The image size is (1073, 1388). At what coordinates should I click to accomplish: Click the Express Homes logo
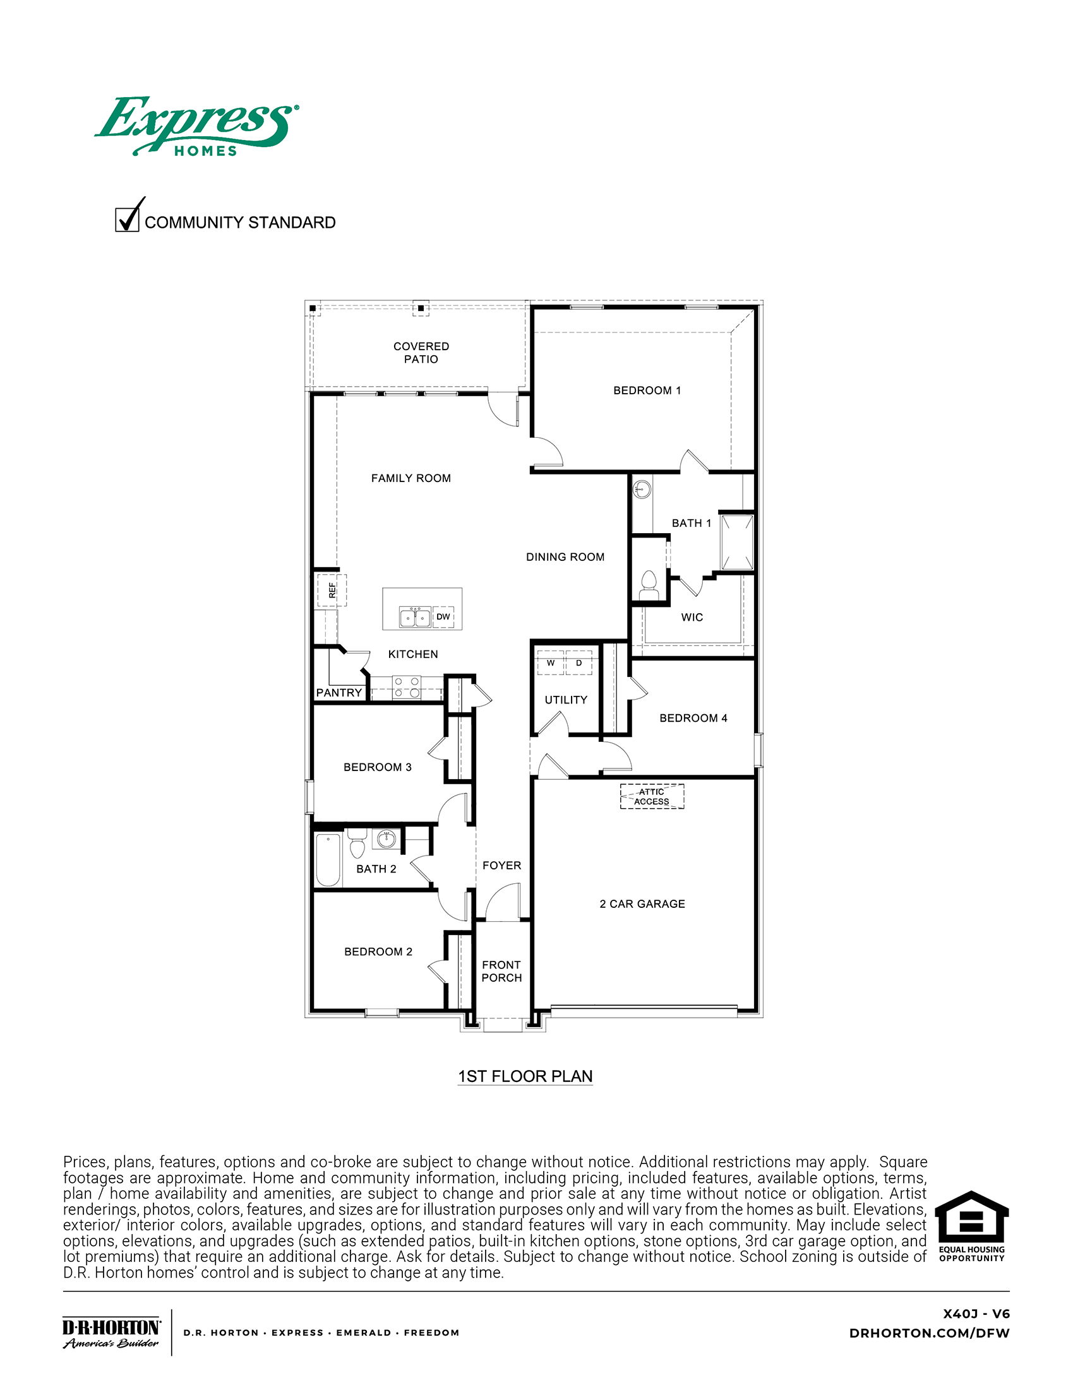coord(196,126)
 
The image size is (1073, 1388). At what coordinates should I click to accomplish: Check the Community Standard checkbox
coord(127,220)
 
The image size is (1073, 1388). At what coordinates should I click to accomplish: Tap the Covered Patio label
coord(421,353)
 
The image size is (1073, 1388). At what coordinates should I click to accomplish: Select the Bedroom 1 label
coord(646,390)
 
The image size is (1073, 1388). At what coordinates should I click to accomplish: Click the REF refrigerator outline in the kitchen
coord(332,591)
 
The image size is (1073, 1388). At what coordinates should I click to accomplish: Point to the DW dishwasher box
coord(443,616)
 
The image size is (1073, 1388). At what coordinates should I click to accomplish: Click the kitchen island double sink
coord(415,617)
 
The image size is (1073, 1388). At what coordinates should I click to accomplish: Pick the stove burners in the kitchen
coord(407,687)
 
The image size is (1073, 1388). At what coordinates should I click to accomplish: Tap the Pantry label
coord(339,693)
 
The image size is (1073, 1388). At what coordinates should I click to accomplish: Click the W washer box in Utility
coord(550,663)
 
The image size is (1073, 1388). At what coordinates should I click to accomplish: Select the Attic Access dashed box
coord(652,796)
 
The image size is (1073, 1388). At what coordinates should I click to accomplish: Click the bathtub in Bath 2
coord(328,859)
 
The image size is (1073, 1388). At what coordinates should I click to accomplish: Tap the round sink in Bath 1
coord(642,490)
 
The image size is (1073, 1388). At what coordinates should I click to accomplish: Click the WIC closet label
coord(692,617)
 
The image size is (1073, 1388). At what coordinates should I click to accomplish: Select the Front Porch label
coord(501,971)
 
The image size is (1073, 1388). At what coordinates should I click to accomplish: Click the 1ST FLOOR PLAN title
coord(525,1076)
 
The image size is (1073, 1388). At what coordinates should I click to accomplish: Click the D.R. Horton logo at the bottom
coord(111,1332)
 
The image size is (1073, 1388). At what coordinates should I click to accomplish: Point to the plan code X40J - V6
coord(976,1314)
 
